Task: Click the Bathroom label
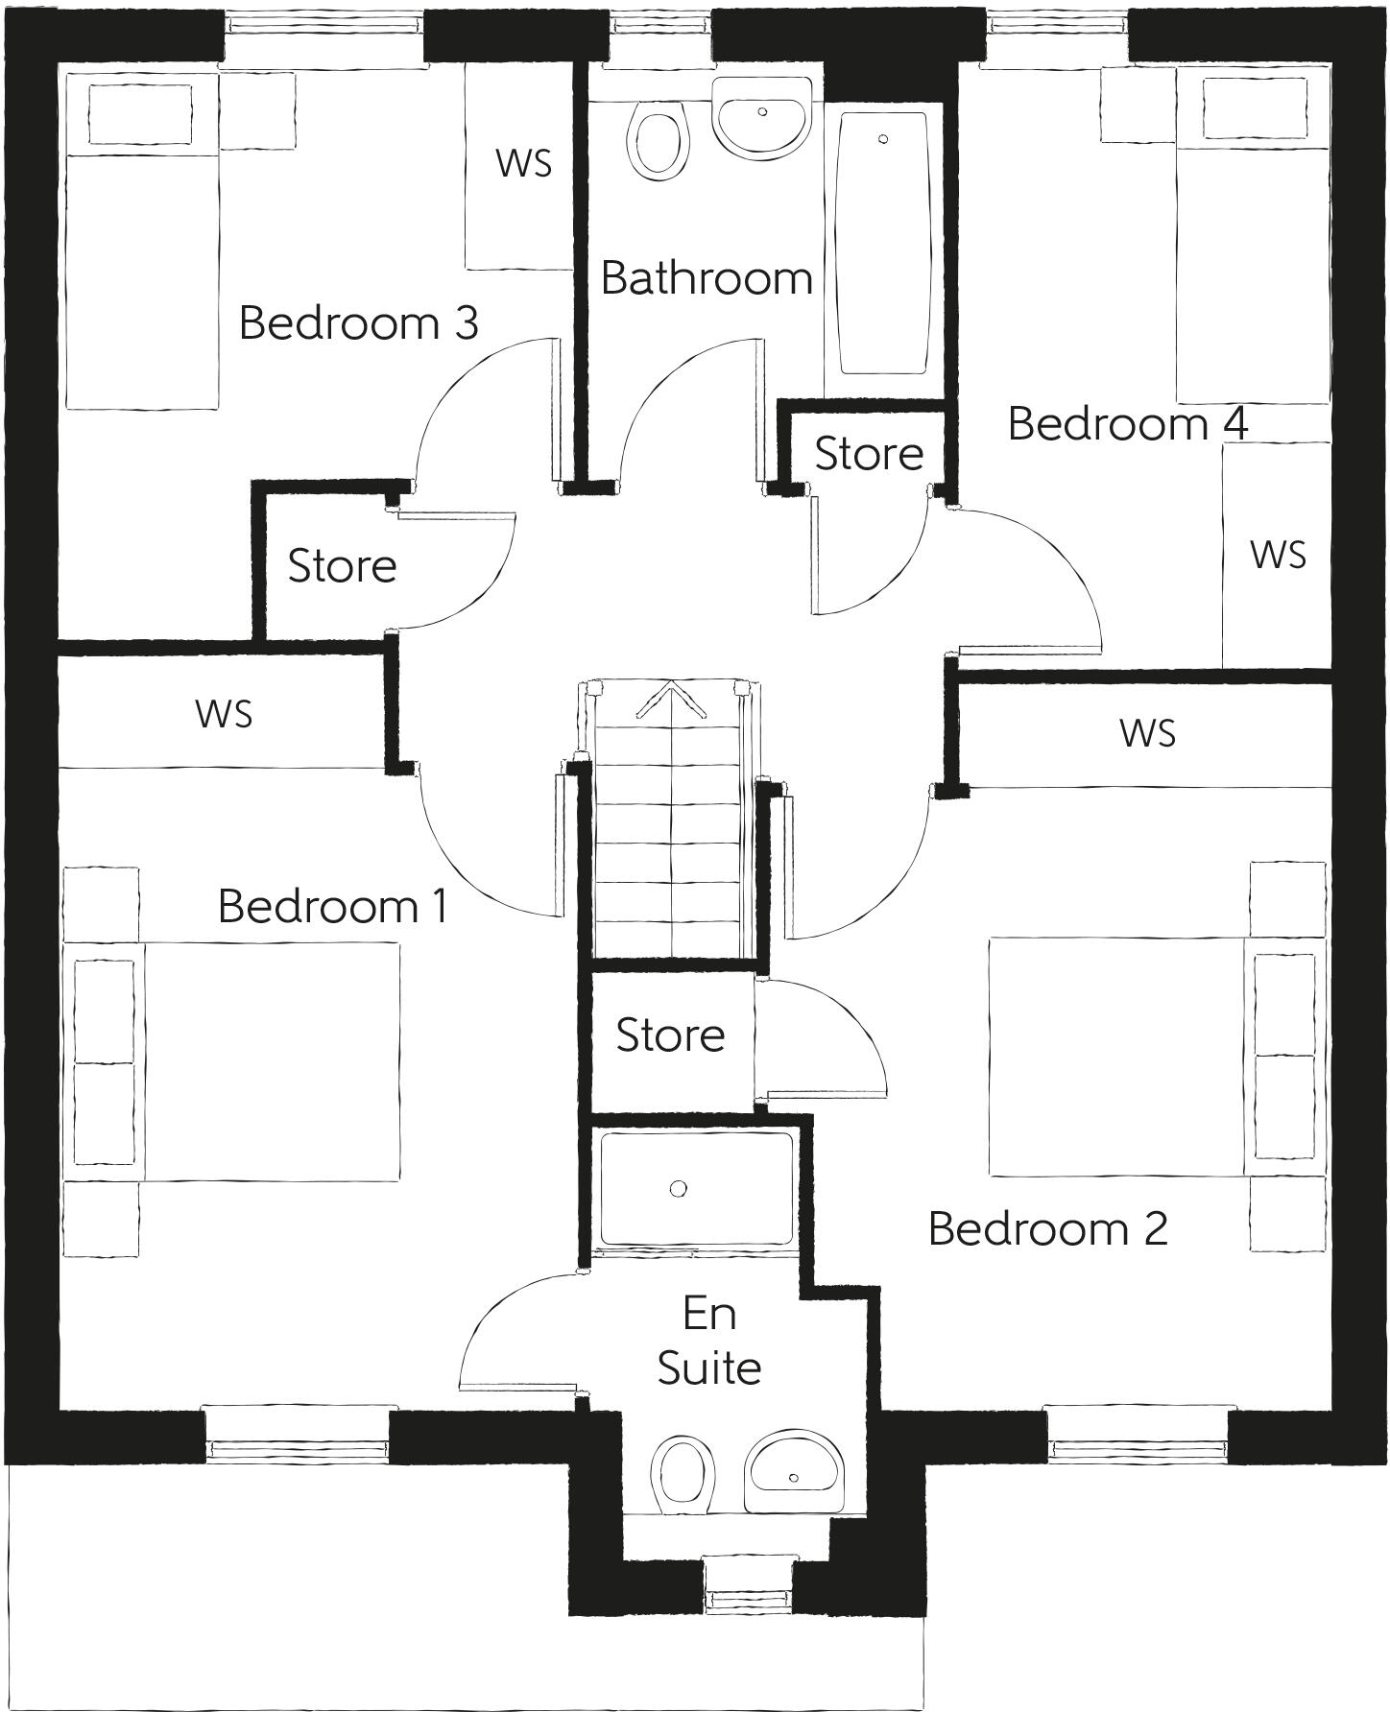pyautogui.click(x=707, y=278)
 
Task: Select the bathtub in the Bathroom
pyautogui.click(x=882, y=245)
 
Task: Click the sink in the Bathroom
pyautogui.click(x=762, y=117)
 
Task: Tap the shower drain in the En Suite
pyautogui.click(x=679, y=1189)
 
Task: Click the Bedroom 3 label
pyautogui.click(x=358, y=322)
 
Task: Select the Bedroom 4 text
pyautogui.click(x=1127, y=423)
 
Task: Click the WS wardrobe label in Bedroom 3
pyautogui.click(x=524, y=163)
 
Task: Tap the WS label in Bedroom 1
pyautogui.click(x=224, y=713)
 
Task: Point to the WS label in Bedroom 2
pyautogui.click(x=1147, y=733)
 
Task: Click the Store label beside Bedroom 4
pyautogui.click(x=869, y=453)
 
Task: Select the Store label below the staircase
pyautogui.click(x=670, y=1034)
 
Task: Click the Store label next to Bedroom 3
pyautogui.click(x=342, y=565)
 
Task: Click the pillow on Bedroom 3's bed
pyautogui.click(x=140, y=113)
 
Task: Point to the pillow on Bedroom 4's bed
pyautogui.click(x=1254, y=107)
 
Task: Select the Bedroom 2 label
pyautogui.click(x=1047, y=1228)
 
